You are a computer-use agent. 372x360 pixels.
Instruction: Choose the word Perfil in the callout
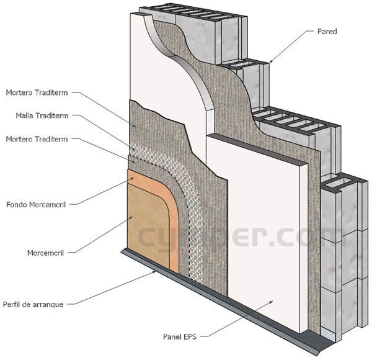(13, 304)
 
